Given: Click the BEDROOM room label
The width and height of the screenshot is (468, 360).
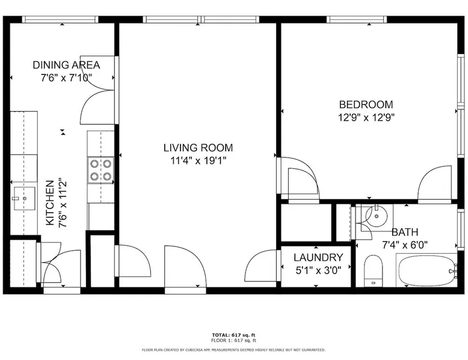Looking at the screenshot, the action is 366,105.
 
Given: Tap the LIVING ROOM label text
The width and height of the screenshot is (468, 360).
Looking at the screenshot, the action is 198,148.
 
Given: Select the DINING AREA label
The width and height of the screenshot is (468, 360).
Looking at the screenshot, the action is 66,65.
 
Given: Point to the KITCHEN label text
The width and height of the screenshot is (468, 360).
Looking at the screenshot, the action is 49,203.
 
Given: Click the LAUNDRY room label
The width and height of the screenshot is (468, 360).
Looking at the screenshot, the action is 318,257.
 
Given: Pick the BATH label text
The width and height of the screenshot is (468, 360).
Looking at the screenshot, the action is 405,232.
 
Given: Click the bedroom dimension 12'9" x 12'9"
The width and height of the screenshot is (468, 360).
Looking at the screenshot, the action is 366,118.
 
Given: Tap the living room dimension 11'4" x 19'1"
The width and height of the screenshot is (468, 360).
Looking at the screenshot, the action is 198,160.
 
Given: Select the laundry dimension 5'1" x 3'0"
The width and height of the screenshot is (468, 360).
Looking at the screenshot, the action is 318,270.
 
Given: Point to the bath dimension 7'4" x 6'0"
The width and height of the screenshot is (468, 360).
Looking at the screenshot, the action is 405,245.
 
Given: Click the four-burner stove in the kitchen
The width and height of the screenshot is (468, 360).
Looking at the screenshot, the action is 100,170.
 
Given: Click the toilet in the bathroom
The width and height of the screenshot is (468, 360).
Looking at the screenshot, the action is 374,270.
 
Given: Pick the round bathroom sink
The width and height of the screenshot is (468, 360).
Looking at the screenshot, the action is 377,216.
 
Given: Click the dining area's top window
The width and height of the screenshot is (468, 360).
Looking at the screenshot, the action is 60,19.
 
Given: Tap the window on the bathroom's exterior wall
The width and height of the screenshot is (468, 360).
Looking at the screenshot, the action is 461,229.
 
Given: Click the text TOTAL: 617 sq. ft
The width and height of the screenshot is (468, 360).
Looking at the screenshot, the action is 234,335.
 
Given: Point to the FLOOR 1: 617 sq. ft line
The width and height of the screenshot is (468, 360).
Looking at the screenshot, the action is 234,340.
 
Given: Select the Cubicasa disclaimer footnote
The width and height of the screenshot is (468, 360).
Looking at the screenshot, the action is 234,350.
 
